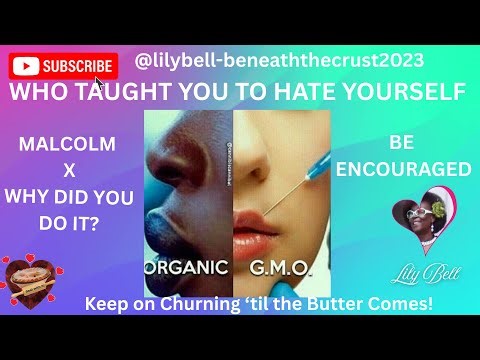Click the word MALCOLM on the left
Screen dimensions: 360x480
click(x=68, y=145)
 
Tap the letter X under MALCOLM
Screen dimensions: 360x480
click(x=68, y=166)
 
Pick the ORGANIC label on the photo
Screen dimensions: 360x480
click(x=190, y=267)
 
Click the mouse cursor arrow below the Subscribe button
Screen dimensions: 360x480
click(x=99, y=83)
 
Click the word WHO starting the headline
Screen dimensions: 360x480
click(x=38, y=92)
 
